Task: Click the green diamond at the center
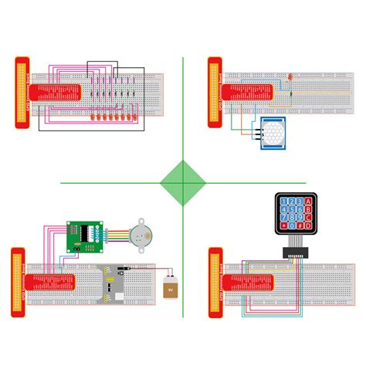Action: click(x=183, y=183)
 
